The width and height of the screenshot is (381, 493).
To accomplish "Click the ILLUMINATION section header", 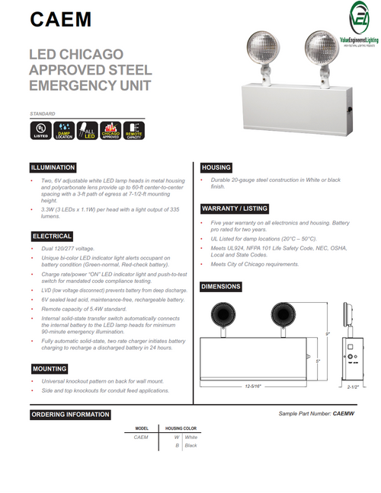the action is click(53, 167).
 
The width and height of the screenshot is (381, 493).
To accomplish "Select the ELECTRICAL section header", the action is click(51, 237).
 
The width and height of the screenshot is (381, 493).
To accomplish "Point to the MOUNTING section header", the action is click(50, 368).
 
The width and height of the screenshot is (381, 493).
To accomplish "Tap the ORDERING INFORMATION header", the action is click(70, 415).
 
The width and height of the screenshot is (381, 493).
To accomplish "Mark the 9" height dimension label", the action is click(328, 332).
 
